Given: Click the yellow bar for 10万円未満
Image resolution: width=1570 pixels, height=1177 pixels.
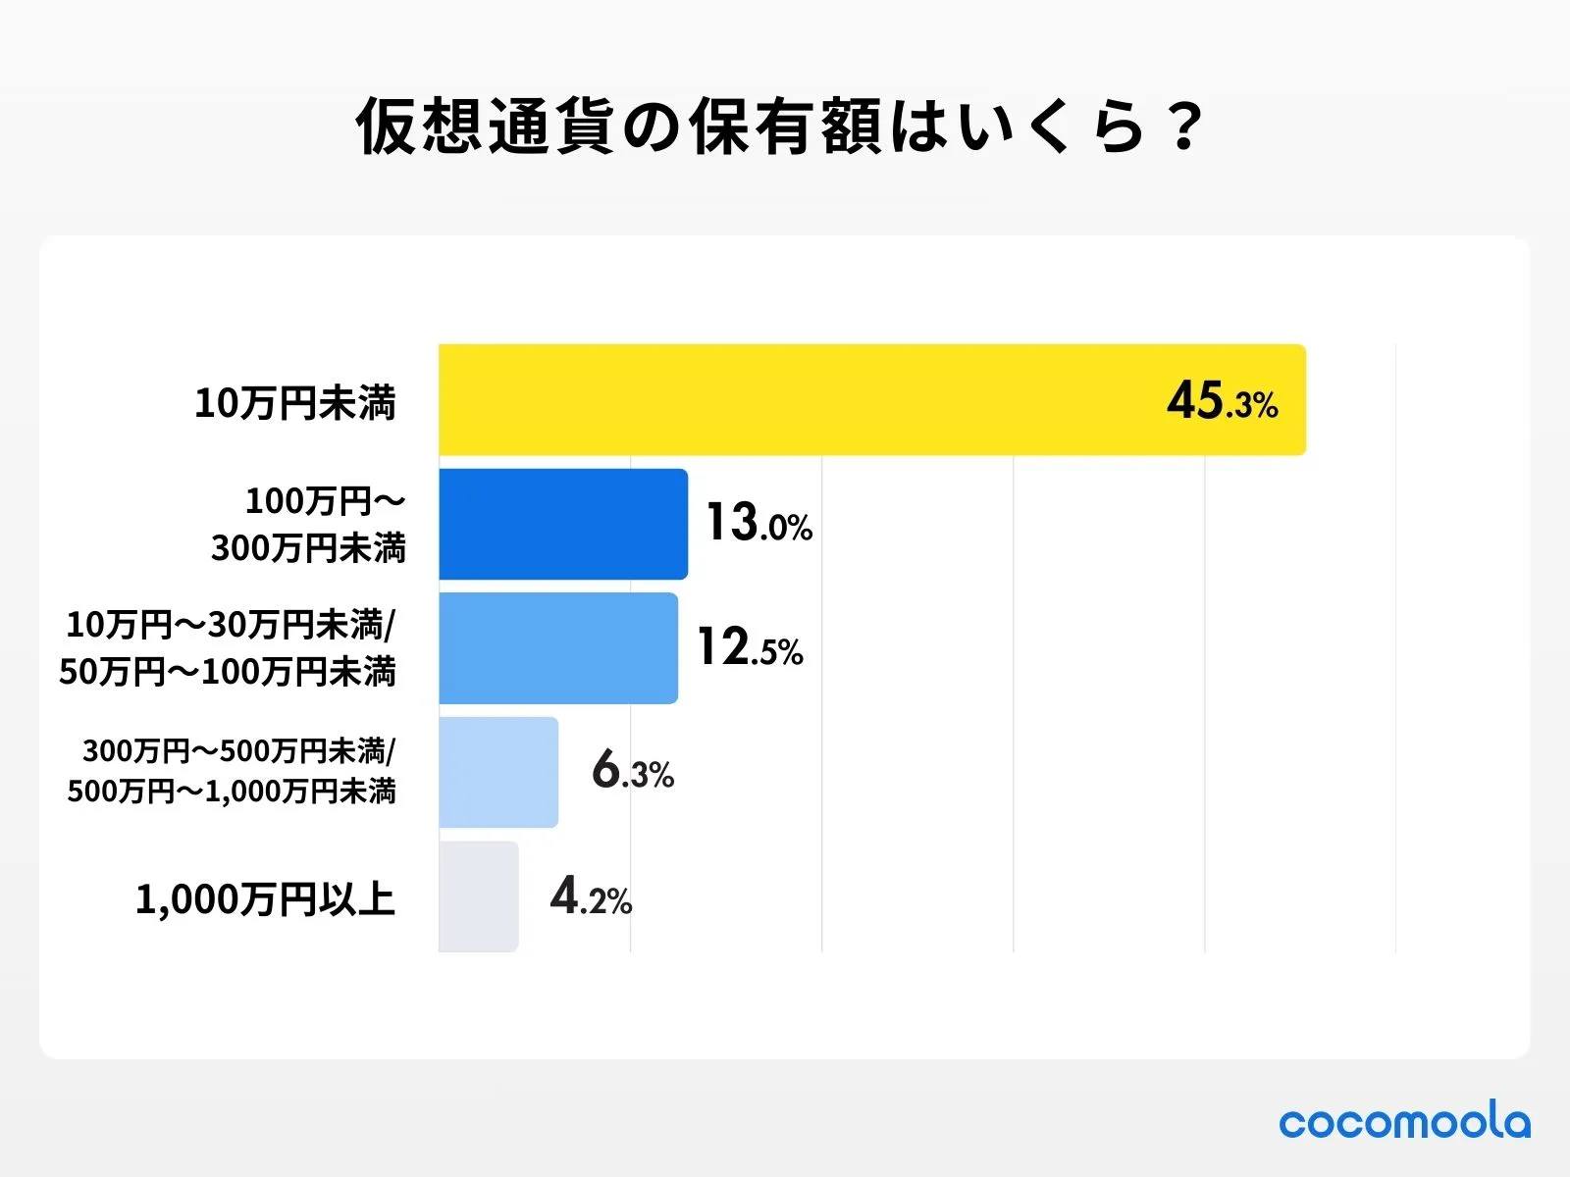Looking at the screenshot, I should pos(871,399).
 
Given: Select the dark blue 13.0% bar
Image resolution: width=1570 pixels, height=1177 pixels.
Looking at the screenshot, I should pos(562,524).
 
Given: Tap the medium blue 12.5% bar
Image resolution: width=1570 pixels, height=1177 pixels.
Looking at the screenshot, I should pos(557,648).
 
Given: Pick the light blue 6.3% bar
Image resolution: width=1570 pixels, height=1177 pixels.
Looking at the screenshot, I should pos(497,772).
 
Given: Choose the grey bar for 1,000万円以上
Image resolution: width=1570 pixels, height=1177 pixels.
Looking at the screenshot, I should pos(478,896).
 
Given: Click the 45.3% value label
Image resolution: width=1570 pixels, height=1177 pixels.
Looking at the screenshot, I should pos(1222,401).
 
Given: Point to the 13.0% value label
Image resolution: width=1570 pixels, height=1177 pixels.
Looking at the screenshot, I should pos(759,523).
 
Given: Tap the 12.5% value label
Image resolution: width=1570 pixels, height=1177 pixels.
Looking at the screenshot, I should pos(750,648).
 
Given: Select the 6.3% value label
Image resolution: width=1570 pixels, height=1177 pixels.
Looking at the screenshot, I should pos(632,771).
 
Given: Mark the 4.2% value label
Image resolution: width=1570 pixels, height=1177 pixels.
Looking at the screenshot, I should pos(590,896).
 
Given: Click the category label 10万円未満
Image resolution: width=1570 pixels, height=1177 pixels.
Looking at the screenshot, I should pos(294,403).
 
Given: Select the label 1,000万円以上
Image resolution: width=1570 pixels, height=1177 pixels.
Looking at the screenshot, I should pos(265,899).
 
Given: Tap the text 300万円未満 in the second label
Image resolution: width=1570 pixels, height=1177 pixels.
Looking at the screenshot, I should pos(308,547).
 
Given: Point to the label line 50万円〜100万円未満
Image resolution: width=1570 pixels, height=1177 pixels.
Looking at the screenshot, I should pos(228,672).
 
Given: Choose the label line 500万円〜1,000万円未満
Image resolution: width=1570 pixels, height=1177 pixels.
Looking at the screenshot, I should pos(232,792).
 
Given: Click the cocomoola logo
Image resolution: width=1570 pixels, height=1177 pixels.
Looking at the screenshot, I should pos(1403,1122).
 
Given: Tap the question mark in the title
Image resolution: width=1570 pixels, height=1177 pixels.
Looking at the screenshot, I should pos(1186,128).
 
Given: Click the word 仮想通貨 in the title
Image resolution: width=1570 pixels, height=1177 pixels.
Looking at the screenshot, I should pos(485,128).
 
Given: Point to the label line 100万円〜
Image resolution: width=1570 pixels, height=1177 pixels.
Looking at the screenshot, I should pos(325,501).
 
